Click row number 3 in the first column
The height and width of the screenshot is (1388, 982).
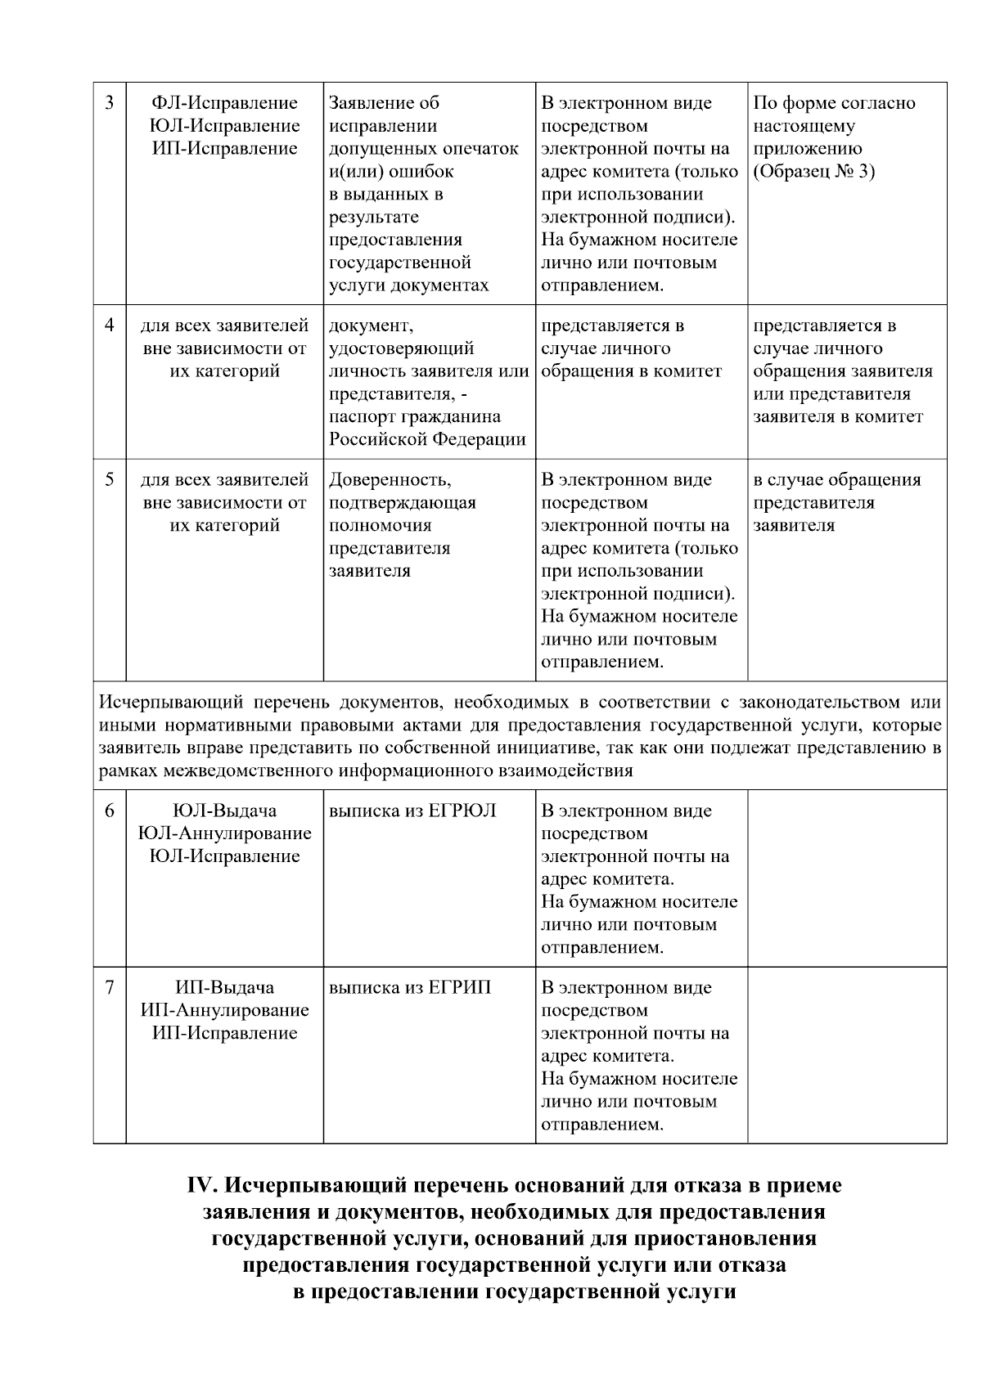pos(109,103)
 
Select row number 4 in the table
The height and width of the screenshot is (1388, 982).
pos(109,326)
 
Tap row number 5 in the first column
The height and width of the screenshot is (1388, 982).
pos(109,480)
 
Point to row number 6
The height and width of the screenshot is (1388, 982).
pos(109,811)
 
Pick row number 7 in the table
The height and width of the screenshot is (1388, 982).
pos(109,987)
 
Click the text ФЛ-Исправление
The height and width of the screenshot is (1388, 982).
pos(225,103)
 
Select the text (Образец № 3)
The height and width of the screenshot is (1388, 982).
pos(813,172)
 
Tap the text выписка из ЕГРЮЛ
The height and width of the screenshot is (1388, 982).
pos(412,811)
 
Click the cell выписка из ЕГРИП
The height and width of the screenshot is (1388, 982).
pos(410,987)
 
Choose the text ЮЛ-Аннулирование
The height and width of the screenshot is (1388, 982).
pos(225,833)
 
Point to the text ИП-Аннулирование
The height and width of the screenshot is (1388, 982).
pos(225,1010)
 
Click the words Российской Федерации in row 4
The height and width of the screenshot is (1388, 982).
pos(426,439)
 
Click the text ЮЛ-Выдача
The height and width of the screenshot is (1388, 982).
pos(225,811)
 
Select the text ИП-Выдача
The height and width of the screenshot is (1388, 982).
pos(225,987)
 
